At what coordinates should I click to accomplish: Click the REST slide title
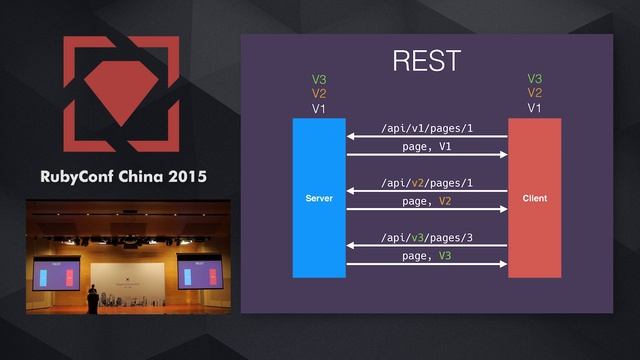point(426,60)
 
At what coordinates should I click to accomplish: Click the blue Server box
point(319,198)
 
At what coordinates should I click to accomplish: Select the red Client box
point(534,198)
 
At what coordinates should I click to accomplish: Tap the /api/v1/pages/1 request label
point(427,129)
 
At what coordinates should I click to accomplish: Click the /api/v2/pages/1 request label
point(427,183)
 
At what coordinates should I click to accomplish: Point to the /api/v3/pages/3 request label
point(427,238)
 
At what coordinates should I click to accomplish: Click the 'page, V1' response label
point(427,147)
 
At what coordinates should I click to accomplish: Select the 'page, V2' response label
point(427,201)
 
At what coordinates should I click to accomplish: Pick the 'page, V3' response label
point(427,256)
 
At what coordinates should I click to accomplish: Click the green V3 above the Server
point(319,78)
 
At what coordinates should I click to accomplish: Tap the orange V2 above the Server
point(319,93)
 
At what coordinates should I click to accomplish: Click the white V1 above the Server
point(319,108)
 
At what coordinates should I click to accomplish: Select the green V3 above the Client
point(535,78)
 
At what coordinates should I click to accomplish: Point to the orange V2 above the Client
point(535,93)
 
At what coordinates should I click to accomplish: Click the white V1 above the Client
point(535,108)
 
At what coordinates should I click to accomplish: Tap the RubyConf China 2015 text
point(124,177)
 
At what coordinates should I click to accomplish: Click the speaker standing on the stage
point(93,297)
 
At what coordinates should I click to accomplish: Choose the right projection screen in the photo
point(200,272)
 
